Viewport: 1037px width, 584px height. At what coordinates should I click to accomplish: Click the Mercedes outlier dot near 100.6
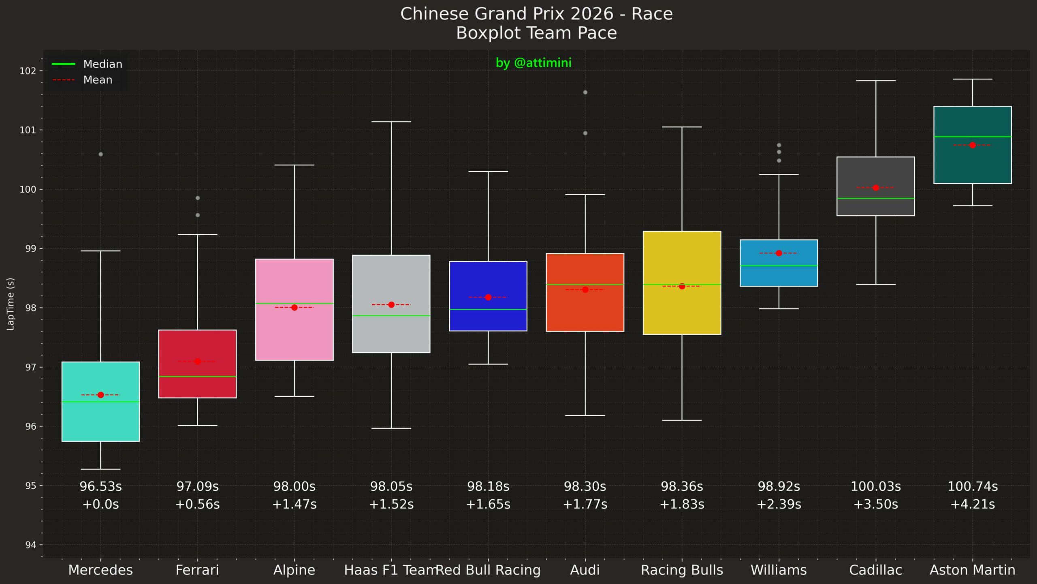[101, 154]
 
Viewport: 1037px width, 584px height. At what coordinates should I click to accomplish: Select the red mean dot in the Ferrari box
[198, 362]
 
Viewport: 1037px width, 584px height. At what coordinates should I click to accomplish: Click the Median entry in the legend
[102, 64]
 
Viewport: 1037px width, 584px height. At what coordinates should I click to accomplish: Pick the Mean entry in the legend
[98, 80]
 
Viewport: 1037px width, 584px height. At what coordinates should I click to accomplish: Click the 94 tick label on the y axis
[30, 545]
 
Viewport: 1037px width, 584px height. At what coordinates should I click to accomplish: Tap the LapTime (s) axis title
[11, 304]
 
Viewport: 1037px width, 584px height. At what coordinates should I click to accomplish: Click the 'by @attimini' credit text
[533, 63]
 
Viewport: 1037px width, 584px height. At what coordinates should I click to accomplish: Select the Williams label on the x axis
[779, 570]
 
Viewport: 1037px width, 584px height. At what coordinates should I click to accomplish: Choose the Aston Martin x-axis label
[972, 570]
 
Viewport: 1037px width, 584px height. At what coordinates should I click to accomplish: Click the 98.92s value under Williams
[779, 486]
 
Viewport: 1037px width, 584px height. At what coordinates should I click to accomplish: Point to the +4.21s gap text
[972, 505]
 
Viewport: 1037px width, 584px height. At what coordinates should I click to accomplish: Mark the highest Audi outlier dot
[585, 92]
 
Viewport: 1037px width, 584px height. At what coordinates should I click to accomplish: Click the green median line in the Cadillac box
[875, 198]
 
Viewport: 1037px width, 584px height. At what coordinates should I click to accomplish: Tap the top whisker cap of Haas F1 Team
[391, 122]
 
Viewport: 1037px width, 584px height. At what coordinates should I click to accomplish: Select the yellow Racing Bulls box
[682, 259]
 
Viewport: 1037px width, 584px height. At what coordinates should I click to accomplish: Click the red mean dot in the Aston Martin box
[973, 145]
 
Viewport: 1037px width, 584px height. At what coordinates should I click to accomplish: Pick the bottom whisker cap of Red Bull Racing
[488, 364]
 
